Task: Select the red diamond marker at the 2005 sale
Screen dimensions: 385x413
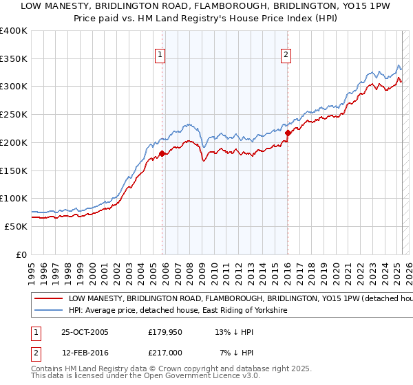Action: coord(162,153)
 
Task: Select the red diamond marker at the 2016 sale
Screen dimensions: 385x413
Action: coord(288,133)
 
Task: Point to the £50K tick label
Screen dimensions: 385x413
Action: coord(15,226)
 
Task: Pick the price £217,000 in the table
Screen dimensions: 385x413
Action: coord(165,352)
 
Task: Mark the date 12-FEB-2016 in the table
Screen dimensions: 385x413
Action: coord(85,352)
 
